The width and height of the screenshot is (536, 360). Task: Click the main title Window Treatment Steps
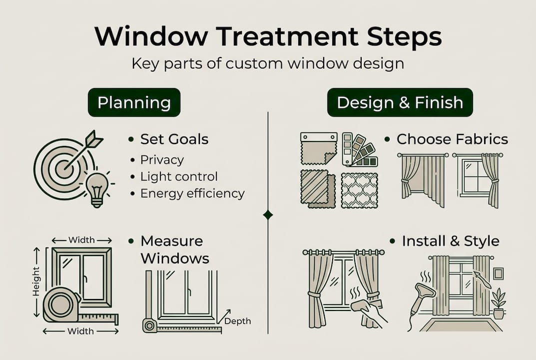(268, 37)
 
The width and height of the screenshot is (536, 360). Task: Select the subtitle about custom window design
(268, 64)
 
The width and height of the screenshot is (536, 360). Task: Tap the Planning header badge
(134, 102)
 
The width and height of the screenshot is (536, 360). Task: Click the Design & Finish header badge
(400, 102)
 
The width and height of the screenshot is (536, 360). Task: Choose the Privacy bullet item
(162, 160)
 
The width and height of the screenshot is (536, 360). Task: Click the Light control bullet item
(179, 176)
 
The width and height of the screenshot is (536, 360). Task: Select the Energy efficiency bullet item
(192, 193)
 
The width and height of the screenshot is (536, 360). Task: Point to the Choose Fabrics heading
(452, 139)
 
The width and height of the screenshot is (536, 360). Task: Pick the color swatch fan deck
(359, 149)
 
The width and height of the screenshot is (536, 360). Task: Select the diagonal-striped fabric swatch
(318, 188)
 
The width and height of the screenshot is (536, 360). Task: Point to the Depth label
(237, 321)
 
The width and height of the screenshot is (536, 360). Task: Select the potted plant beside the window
(499, 303)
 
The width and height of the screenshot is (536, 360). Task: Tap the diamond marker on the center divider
(268, 214)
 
